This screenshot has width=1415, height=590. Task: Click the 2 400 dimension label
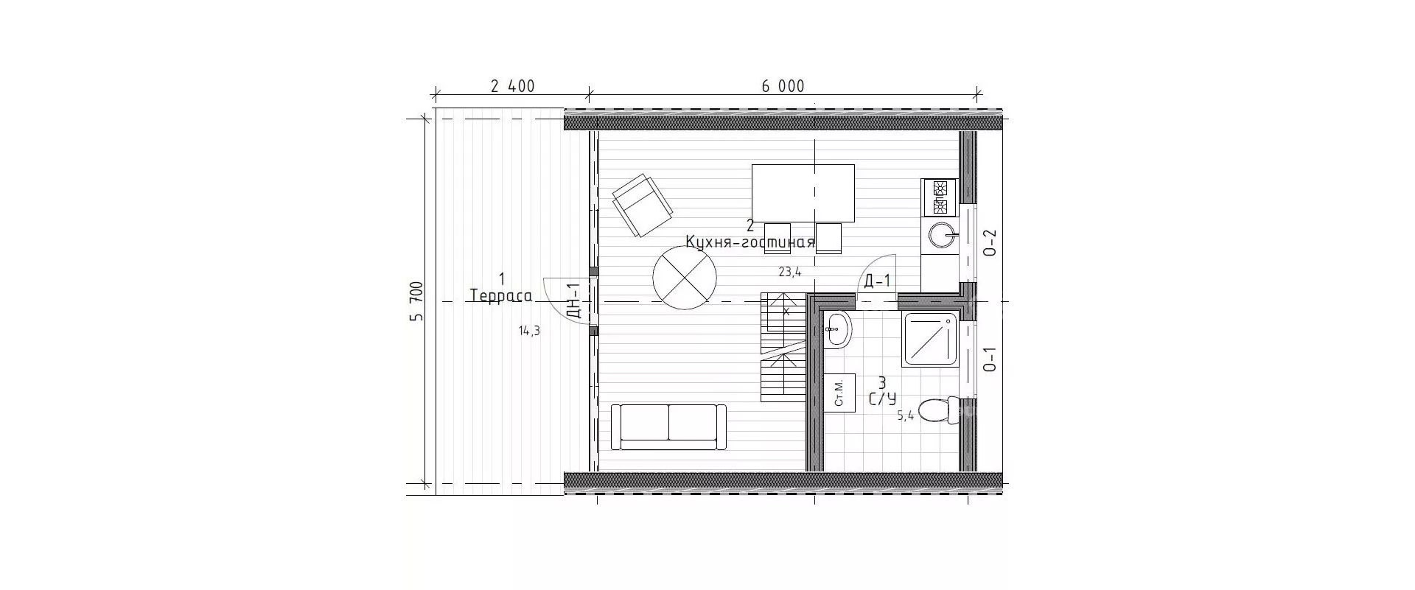(512, 86)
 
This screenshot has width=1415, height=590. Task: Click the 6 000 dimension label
(783, 86)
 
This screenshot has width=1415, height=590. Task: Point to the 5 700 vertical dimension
(417, 301)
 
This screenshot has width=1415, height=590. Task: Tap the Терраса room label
(501, 296)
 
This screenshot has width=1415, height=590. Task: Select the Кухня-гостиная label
(750, 242)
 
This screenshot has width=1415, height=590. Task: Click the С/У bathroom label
(882, 399)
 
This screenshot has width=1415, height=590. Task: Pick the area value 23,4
(790, 272)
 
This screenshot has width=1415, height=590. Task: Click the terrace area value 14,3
(529, 331)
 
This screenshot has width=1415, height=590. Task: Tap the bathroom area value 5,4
(905, 415)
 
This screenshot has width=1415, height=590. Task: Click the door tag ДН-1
(575, 301)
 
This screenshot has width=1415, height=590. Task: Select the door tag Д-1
(877, 281)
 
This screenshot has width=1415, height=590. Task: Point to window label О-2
(991, 243)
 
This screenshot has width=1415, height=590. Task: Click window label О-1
(991, 359)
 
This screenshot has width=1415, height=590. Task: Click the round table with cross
(685, 278)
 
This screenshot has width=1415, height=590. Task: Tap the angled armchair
(642, 205)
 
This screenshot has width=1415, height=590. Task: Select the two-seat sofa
(669, 426)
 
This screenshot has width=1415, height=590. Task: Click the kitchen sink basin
(941, 236)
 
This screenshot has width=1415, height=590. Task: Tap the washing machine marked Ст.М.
(839, 393)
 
